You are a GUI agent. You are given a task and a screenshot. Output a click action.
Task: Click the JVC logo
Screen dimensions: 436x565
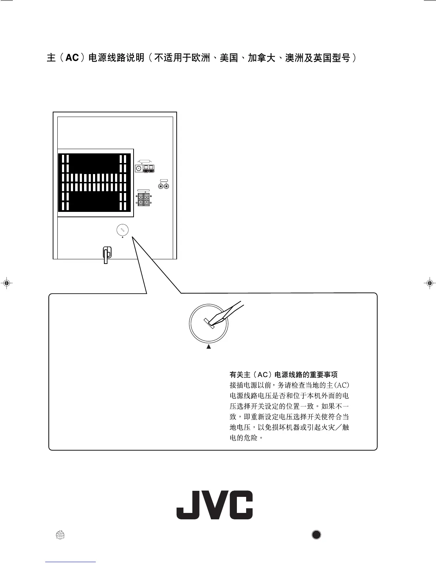click(x=214, y=505)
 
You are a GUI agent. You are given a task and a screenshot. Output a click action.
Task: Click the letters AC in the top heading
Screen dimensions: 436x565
click(x=72, y=58)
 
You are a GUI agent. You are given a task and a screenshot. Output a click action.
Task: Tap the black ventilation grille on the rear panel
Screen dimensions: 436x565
click(x=93, y=182)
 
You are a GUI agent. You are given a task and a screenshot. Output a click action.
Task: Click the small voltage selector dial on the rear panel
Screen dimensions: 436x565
click(x=122, y=230)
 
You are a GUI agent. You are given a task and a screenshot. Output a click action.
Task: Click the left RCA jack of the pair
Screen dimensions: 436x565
click(x=161, y=186)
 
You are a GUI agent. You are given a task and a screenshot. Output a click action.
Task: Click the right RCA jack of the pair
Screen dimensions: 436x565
click(x=166, y=186)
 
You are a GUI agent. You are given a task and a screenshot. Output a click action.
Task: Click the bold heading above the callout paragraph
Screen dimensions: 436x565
click(x=284, y=375)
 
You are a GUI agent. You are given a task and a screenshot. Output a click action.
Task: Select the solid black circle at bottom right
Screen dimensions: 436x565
click(x=316, y=534)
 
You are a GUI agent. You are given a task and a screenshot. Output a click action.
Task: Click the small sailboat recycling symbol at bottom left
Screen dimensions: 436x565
click(x=60, y=535)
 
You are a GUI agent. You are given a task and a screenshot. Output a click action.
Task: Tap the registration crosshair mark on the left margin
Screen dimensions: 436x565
click(x=6, y=283)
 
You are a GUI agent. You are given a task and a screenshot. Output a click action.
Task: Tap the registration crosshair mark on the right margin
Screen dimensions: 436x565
click(x=429, y=283)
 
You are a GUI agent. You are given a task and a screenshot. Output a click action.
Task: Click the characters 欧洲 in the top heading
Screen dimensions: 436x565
click(x=201, y=58)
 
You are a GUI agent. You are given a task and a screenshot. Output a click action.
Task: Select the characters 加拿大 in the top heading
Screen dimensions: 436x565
click(x=261, y=58)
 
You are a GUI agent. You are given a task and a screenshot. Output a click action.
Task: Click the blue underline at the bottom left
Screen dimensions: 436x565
click(x=71, y=562)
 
